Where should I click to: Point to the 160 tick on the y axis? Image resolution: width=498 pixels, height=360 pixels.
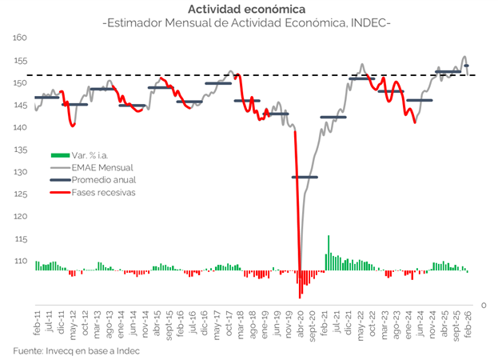(21, 38)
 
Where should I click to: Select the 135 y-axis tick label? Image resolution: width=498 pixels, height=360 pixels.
(21, 150)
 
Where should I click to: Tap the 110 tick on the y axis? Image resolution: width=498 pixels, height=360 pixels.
(21, 261)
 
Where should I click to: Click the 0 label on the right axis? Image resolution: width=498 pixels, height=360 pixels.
(483, 305)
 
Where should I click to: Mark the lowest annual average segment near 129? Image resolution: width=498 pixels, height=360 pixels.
(305, 177)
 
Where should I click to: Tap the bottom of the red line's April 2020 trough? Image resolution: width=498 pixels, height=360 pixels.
(301, 272)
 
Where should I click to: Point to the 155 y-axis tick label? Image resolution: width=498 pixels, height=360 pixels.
(21, 60)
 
